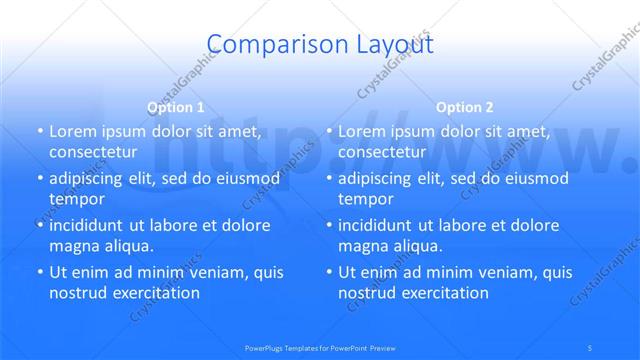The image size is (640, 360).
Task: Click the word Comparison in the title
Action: tap(262, 44)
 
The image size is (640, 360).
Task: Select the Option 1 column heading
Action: tap(176, 107)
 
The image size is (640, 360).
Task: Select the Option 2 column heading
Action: tap(465, 107)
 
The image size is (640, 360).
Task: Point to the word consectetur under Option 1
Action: tap(92, 152)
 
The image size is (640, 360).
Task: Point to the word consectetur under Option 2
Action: tap(381, 152)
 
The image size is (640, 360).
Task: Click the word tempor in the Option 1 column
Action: tap(75, 199)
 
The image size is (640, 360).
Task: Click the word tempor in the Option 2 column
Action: tap(364, 199)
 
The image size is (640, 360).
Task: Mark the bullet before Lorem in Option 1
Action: tap(39, 132)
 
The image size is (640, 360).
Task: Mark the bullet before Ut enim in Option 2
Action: tap(328, 273)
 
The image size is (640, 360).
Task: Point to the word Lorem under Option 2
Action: tap(362, 132)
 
